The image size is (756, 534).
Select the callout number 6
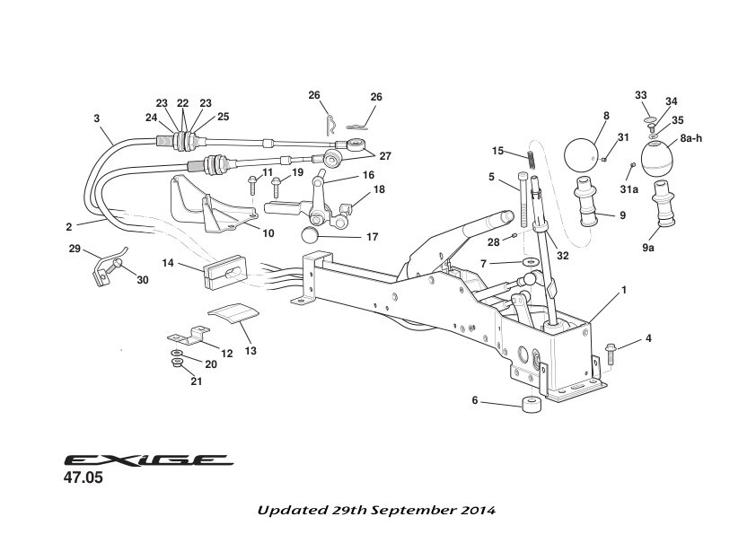[x=475, y=401]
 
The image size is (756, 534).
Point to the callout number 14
[x=168, y=263]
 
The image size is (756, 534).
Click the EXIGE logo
[x=148, y=460]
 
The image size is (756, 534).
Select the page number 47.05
[x=83, y=479]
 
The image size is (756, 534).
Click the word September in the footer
[x=402, y=510]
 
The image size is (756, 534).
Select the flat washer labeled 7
[x=530, y=262]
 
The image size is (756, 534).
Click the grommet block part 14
[x=222, y=270]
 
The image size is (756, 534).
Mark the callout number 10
[x=267, y=233]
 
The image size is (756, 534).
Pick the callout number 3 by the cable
[x=96, y=118]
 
